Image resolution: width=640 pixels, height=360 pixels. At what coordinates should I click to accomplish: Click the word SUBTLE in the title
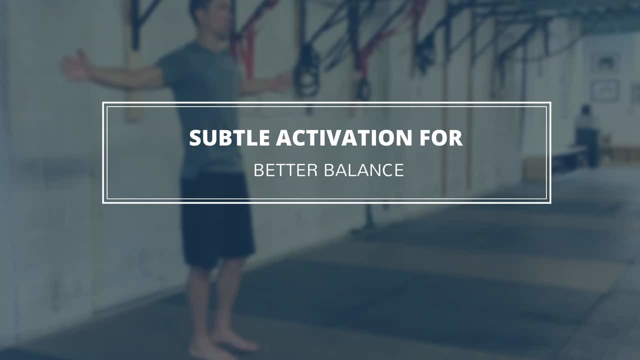(229, 138)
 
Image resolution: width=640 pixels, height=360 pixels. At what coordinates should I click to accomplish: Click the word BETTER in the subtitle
(285, 170)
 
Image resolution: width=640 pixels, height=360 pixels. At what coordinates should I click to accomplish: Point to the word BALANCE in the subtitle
(364, 170)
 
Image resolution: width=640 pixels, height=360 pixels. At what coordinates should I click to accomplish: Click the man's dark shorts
(216, 220)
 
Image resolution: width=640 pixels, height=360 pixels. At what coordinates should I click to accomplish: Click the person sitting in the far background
(585, 134)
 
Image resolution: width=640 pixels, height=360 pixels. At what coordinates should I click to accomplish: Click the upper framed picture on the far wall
(605, 63)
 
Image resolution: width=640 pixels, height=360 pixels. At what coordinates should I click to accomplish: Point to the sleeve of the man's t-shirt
(170, 67)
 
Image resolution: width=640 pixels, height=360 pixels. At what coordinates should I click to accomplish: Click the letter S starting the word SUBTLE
(195, 138)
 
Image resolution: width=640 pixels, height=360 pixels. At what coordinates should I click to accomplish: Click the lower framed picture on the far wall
(605, 90)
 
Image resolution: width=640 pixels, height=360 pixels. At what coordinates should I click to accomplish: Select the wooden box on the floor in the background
(534, 168)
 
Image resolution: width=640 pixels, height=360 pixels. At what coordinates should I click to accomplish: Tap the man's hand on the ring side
(281, 82)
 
